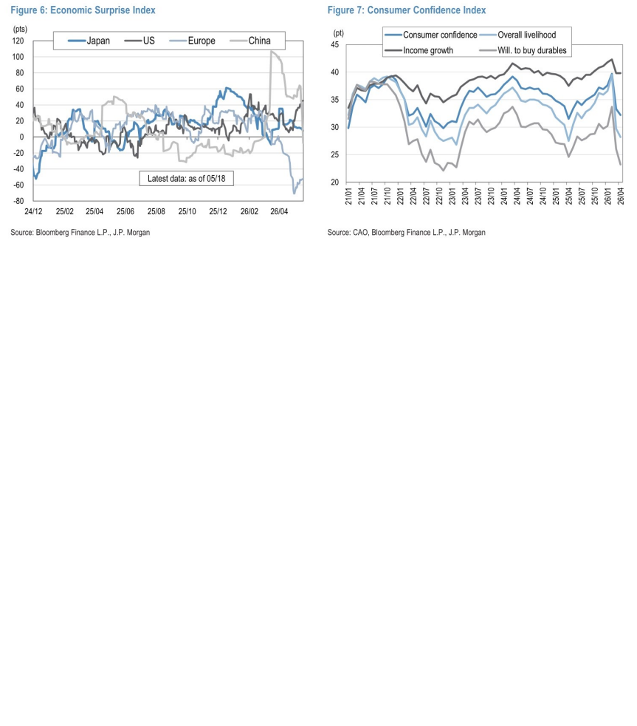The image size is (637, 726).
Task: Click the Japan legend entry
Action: click(x=89, y=41)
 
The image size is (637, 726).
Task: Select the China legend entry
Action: click(x=250, y=41)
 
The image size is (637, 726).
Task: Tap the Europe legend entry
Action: click(x=192, y=41)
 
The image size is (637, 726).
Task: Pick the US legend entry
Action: click(x=140, y=41)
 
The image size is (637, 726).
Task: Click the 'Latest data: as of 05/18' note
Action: click(x=187, y=178)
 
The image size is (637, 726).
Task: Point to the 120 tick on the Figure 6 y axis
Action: click(x=18, y=41)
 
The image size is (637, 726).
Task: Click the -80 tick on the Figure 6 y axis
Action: click(x=18, y=201)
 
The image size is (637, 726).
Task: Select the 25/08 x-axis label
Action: click(x=156, y=211)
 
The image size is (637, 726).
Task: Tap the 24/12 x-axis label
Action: click(x=33, y=211)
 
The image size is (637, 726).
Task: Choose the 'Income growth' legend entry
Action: click(x=419, y=50)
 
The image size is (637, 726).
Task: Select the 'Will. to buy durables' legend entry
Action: click(x=523, y=50)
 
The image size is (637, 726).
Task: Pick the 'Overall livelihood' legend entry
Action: click(x=518, y=35)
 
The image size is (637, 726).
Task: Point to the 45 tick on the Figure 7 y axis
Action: click(x=335, y=45)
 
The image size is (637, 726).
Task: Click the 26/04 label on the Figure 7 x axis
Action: click(x=621, y=196)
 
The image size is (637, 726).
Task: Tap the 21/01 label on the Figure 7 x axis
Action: click(x=348, y=196)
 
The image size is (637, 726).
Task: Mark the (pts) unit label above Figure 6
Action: click(x=20, y=29)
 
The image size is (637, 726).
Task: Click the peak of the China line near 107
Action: click(x=272, y=52)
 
